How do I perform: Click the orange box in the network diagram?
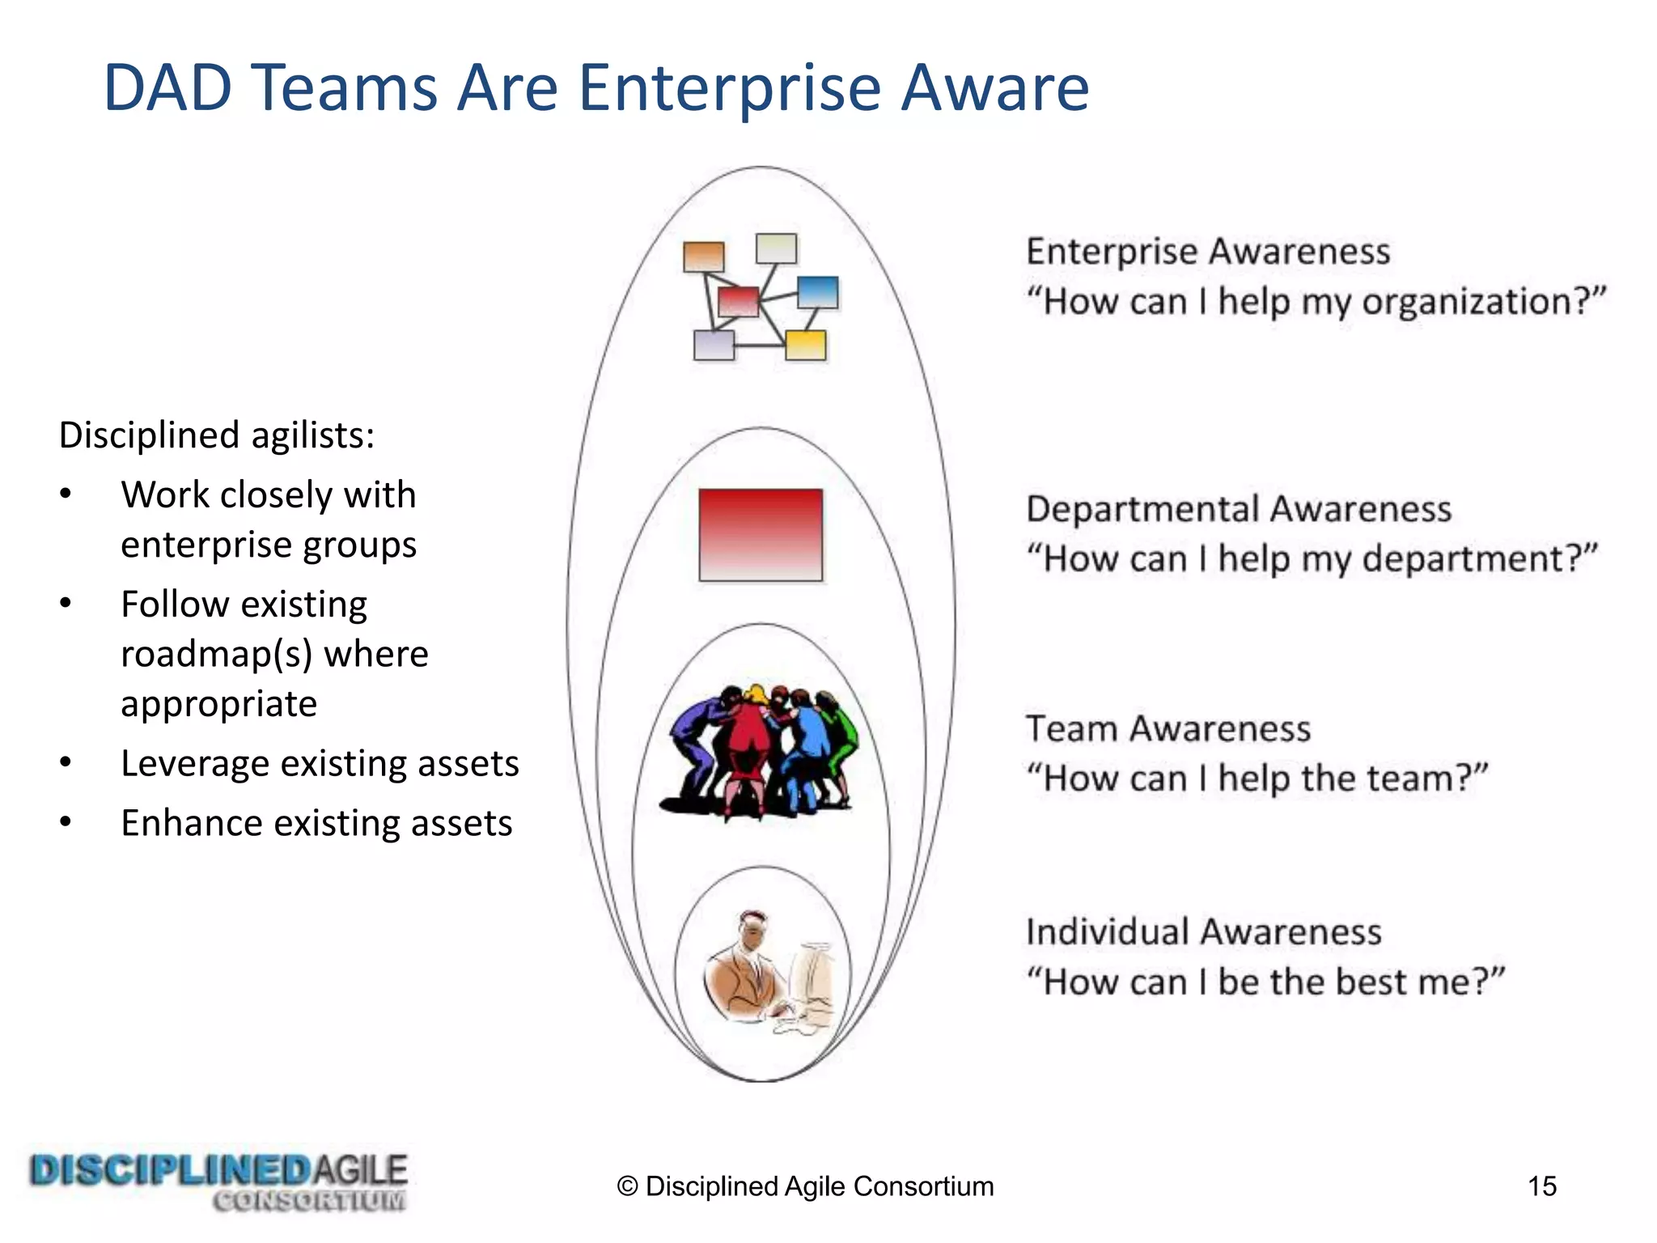[703, 257]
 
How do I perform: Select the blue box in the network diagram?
[817, 292]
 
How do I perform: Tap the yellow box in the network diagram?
[806, 346]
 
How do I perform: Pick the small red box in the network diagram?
[738, 302]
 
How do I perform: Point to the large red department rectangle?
[761, 534]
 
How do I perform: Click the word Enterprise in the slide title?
[729, 87]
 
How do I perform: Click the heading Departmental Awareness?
[1238, 510]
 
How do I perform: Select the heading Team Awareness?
[1168, 729]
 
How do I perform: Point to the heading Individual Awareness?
[1203, 932]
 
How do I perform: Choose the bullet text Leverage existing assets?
[320, 763]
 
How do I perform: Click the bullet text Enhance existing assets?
[316, 823]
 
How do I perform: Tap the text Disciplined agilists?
[217, 435]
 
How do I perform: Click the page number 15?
[1541, 1186]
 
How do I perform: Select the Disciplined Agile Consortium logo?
[218, 1182]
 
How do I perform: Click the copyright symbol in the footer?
[627, 1186]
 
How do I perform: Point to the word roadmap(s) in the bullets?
[216, 654]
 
